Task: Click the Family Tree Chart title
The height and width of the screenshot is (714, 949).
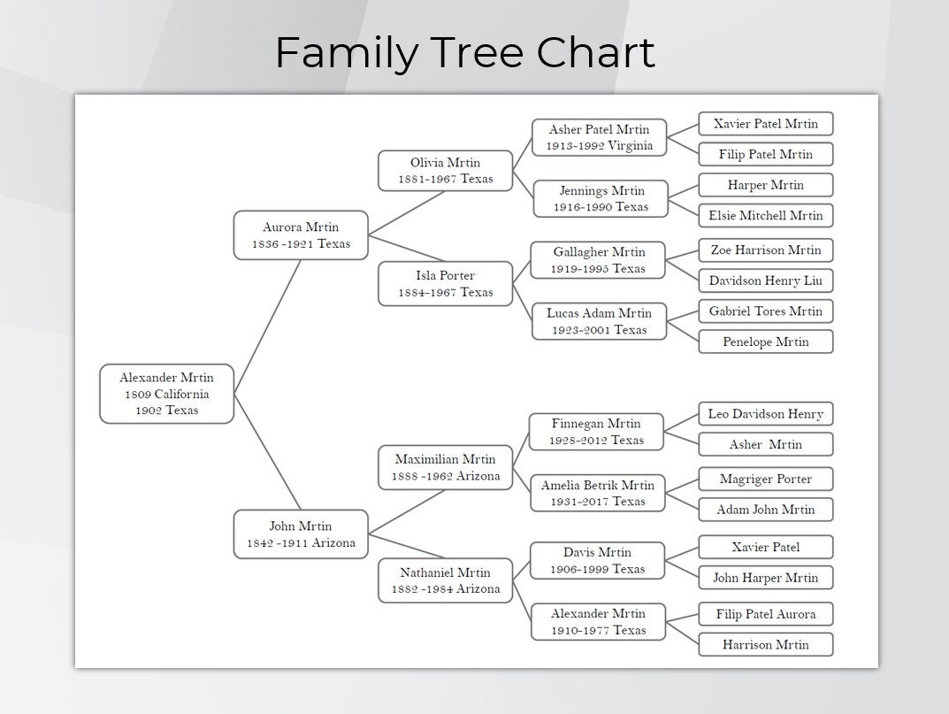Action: coord(464,53)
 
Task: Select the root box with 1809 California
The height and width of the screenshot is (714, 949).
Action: coord(166,394)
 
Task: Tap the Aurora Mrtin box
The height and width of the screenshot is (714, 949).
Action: coord(301,235)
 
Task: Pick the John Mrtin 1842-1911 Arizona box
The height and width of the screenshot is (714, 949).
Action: coord(301,534)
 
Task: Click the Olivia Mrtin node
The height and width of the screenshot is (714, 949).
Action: coord(445,171)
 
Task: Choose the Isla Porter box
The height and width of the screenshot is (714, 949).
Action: coord(445,284)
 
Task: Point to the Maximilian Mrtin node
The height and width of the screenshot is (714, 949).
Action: coord(445,467)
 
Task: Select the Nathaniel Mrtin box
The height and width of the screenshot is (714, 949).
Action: coord(445,580)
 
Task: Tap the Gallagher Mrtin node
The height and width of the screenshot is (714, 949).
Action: coord(599,260)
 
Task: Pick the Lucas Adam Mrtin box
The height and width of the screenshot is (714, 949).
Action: coord(599,321)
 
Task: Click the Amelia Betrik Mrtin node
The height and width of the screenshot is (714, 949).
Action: coord(598,493)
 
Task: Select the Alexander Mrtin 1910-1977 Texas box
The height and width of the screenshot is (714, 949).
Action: coord(598,622)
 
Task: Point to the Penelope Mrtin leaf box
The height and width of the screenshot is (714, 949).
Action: coord(765,342)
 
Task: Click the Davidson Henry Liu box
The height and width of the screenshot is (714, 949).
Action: coord(765,280)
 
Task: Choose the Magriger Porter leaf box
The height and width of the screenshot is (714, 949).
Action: coord(765,479)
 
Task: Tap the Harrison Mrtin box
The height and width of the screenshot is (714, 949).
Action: coord(765,644)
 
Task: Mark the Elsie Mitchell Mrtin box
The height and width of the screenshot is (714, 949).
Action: coord(765,215)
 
